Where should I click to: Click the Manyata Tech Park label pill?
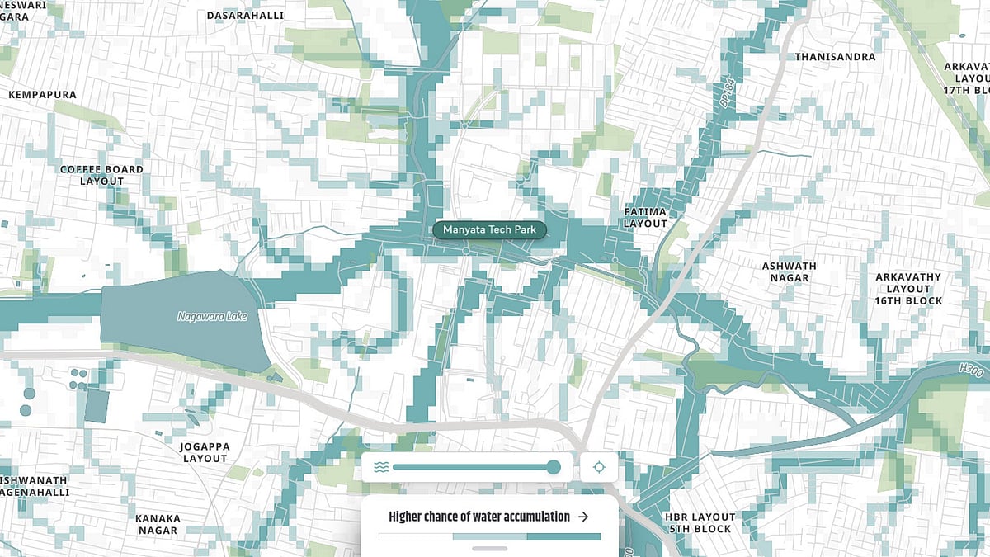point(489,229)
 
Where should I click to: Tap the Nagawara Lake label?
point(212,316)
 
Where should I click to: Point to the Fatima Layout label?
point(645,218)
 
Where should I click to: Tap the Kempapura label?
point(42,95)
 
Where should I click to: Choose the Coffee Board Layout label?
point(101,175)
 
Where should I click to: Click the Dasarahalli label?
point(245,16)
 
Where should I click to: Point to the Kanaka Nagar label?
point(158,525)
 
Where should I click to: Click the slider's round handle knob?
point(554,467)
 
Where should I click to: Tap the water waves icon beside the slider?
point(380,467)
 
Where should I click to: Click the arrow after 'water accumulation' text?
point(583,517)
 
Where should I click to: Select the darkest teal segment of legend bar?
point(563,536)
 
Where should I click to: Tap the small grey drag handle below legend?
point(489,548)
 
